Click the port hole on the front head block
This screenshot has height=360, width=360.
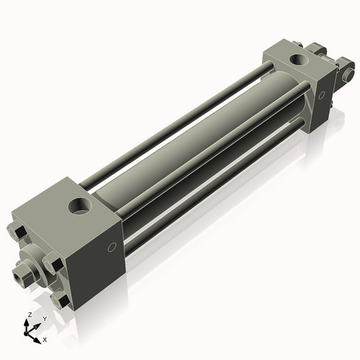80,206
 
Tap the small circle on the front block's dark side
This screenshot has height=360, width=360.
112,247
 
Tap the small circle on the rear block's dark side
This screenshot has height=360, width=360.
321,95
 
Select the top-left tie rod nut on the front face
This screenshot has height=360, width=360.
17,232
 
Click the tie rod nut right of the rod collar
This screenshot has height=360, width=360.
53,264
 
